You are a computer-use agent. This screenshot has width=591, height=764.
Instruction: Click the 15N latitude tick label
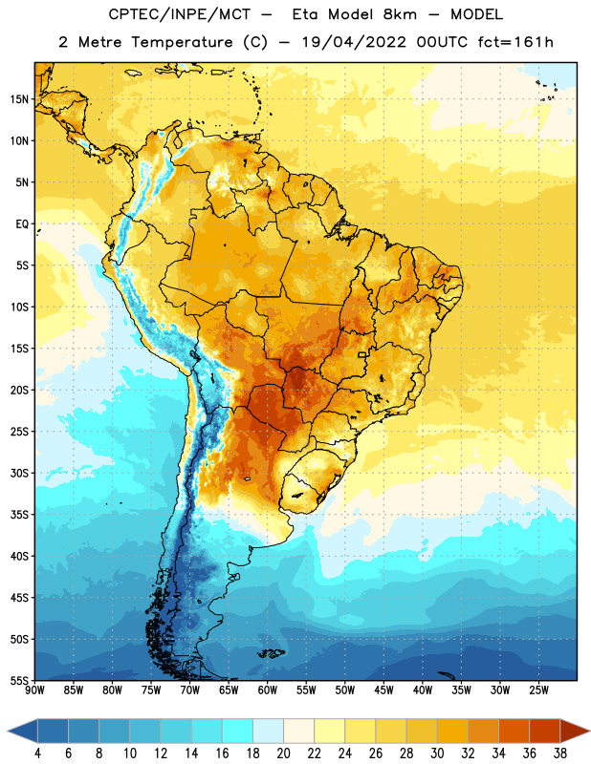click(19, 99)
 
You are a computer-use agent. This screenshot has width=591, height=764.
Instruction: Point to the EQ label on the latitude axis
click(22, 224)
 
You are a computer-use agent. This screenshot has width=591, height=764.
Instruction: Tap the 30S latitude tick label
click(19, 474)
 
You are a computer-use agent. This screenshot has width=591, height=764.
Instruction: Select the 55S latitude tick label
click(19, 681)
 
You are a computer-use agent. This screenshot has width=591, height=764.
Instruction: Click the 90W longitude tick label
click(34, 690)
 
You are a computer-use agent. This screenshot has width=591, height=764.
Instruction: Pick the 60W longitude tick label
click(268, 690)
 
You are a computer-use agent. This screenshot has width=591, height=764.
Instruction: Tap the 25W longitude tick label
click(538, 690)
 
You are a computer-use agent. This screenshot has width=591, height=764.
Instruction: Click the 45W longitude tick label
click(383, 690)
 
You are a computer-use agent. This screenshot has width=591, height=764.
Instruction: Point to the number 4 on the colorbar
click(37, 753)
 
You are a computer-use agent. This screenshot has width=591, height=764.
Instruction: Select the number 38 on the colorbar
click(560, 753)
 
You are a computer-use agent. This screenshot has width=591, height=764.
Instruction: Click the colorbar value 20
click(283, 753)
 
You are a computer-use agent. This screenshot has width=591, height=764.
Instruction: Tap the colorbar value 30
click(437, 753)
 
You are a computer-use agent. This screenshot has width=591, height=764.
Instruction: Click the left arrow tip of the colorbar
click(8, 731)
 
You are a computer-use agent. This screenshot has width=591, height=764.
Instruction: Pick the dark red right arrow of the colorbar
click(574, 731)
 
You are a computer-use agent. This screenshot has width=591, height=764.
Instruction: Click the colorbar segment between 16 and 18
click(238, 731)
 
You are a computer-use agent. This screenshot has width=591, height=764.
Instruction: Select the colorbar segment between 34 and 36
click(514, 731)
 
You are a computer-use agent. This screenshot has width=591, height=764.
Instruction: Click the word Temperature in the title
click(182, 42)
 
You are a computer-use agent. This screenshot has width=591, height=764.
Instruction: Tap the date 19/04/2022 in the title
click(354, 42)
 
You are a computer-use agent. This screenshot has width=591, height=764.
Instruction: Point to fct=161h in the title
click(515, 42)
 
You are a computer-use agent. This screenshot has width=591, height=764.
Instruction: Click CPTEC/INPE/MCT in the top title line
click(179, 14)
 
